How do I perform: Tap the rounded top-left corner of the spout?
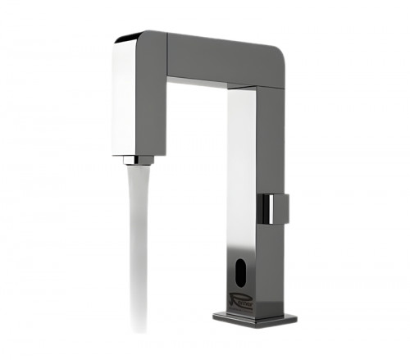[x=123, y=39]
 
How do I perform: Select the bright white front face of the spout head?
[x=123, y=98]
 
